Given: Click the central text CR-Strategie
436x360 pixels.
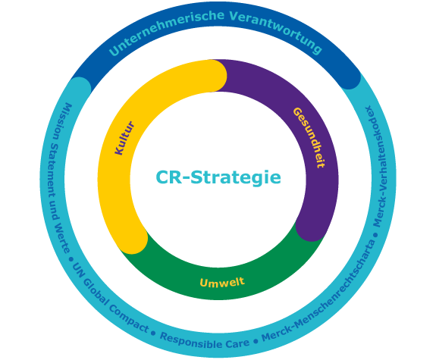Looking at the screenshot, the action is click(x=218, y=177).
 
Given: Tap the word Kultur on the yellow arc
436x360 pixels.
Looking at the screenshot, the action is click(x=124, y=138).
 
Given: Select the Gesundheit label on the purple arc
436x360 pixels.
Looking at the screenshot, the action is click(x=309, y=138).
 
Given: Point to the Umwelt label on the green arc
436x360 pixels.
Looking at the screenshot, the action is click(x=222, y=282).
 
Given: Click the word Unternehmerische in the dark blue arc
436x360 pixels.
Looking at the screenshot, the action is click(x=166, y=32).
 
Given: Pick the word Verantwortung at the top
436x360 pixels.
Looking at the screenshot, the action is click(x=276, y=31).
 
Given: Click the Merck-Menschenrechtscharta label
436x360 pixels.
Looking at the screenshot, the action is click(x=319, y=291).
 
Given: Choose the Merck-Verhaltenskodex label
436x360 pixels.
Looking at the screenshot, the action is click(x=380, y=166).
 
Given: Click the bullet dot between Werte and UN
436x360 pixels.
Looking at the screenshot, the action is click(x=71, y=259).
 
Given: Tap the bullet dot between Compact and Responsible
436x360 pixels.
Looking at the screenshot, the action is click(x=153, y=333).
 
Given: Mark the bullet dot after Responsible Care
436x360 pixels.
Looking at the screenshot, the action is click(x=256, y=341).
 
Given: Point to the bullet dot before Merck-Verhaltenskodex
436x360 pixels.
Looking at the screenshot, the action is click(x=376, y=235).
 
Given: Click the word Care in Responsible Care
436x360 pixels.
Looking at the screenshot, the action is click(x=237, y=343).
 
